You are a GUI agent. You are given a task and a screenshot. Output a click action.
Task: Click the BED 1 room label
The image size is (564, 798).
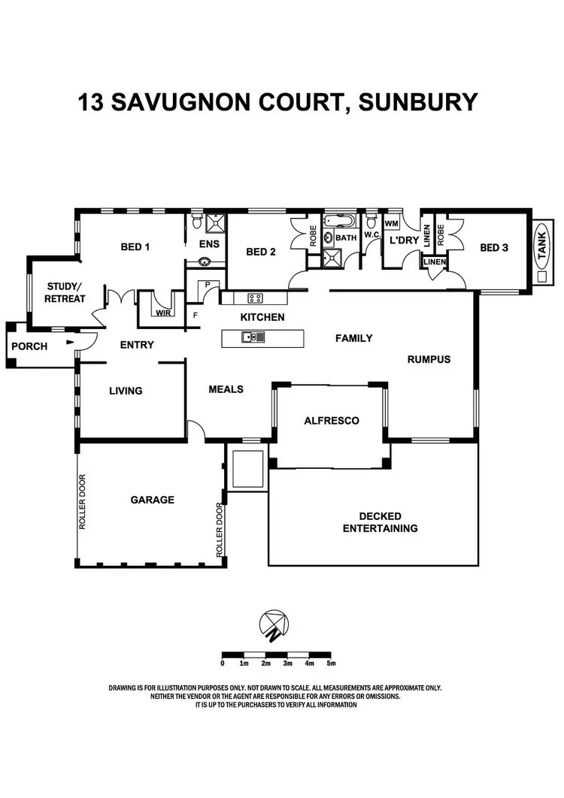135,246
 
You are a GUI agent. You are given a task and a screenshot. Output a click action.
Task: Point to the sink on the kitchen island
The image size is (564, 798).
253,337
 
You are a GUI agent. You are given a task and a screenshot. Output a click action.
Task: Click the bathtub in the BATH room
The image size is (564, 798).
340,222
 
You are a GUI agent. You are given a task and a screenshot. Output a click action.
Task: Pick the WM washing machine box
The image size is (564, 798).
391,224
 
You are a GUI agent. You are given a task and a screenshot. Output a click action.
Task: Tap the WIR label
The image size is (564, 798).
163,313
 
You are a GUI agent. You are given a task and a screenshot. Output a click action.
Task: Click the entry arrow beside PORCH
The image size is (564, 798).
70,343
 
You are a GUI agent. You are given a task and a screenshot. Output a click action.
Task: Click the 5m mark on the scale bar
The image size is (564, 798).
331,663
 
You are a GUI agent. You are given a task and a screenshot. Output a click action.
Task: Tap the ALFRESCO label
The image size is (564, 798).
331,421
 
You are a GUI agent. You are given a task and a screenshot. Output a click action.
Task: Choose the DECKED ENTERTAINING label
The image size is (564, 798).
381,522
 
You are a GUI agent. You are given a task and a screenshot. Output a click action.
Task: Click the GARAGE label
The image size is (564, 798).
152,500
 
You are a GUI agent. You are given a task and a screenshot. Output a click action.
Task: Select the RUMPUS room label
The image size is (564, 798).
429,359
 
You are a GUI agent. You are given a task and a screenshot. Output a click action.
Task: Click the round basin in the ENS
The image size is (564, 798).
204,262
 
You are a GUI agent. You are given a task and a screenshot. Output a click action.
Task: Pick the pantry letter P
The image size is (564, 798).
207,285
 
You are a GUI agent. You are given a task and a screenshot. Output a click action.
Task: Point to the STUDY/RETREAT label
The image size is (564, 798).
66,292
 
